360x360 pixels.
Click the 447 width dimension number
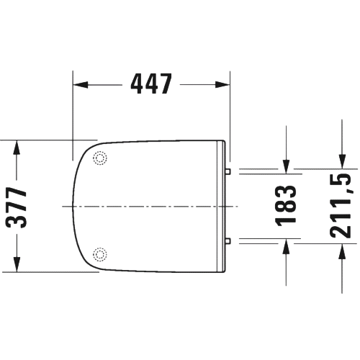click(151, 84)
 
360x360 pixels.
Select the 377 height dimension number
click(17, 207)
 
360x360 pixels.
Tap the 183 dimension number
click(286, 206)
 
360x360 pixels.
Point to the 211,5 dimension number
click(341, 205)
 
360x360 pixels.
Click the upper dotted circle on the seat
click(100, 158)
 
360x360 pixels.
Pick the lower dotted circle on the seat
click(100, 254)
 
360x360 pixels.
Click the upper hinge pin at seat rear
click(228, 171)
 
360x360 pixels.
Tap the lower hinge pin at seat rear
click(228, 241)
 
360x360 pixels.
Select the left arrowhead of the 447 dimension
click(81, 85)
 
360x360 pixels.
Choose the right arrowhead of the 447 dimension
click(222, 85)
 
